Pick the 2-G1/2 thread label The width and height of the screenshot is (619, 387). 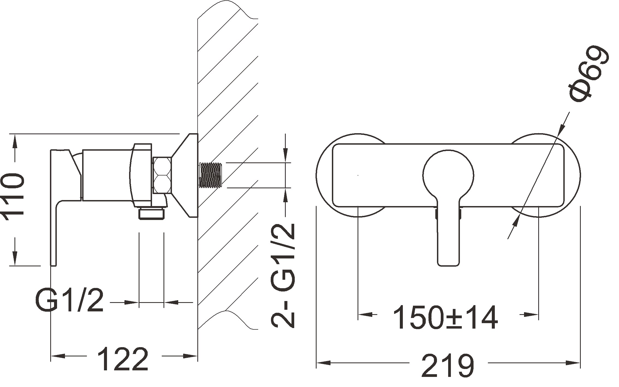point(283,276)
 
